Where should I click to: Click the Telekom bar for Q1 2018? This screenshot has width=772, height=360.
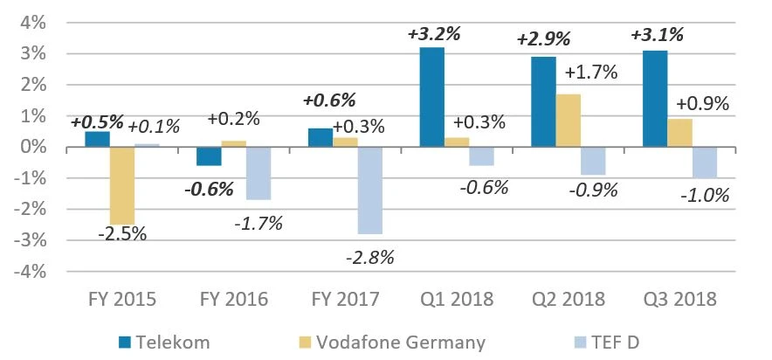[x=432, y=97]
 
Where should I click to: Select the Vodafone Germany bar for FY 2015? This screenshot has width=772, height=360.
[x=122, y=185]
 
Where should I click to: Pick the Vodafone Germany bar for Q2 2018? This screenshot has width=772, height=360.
[x=568, y=121]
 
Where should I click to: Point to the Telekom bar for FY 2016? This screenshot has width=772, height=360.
[x=210, y=156]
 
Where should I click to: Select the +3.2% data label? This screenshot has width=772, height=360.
[x=434, y=35]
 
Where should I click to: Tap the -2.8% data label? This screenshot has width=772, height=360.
[x=371, y=257]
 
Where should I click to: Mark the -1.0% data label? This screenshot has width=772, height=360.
[x=705, y=195]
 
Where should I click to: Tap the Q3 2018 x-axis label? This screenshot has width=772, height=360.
[x=679, y=300]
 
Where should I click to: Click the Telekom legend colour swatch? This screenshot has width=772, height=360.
[x=124, y=342]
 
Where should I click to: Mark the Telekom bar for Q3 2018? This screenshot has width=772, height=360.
[x=655, y=99]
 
